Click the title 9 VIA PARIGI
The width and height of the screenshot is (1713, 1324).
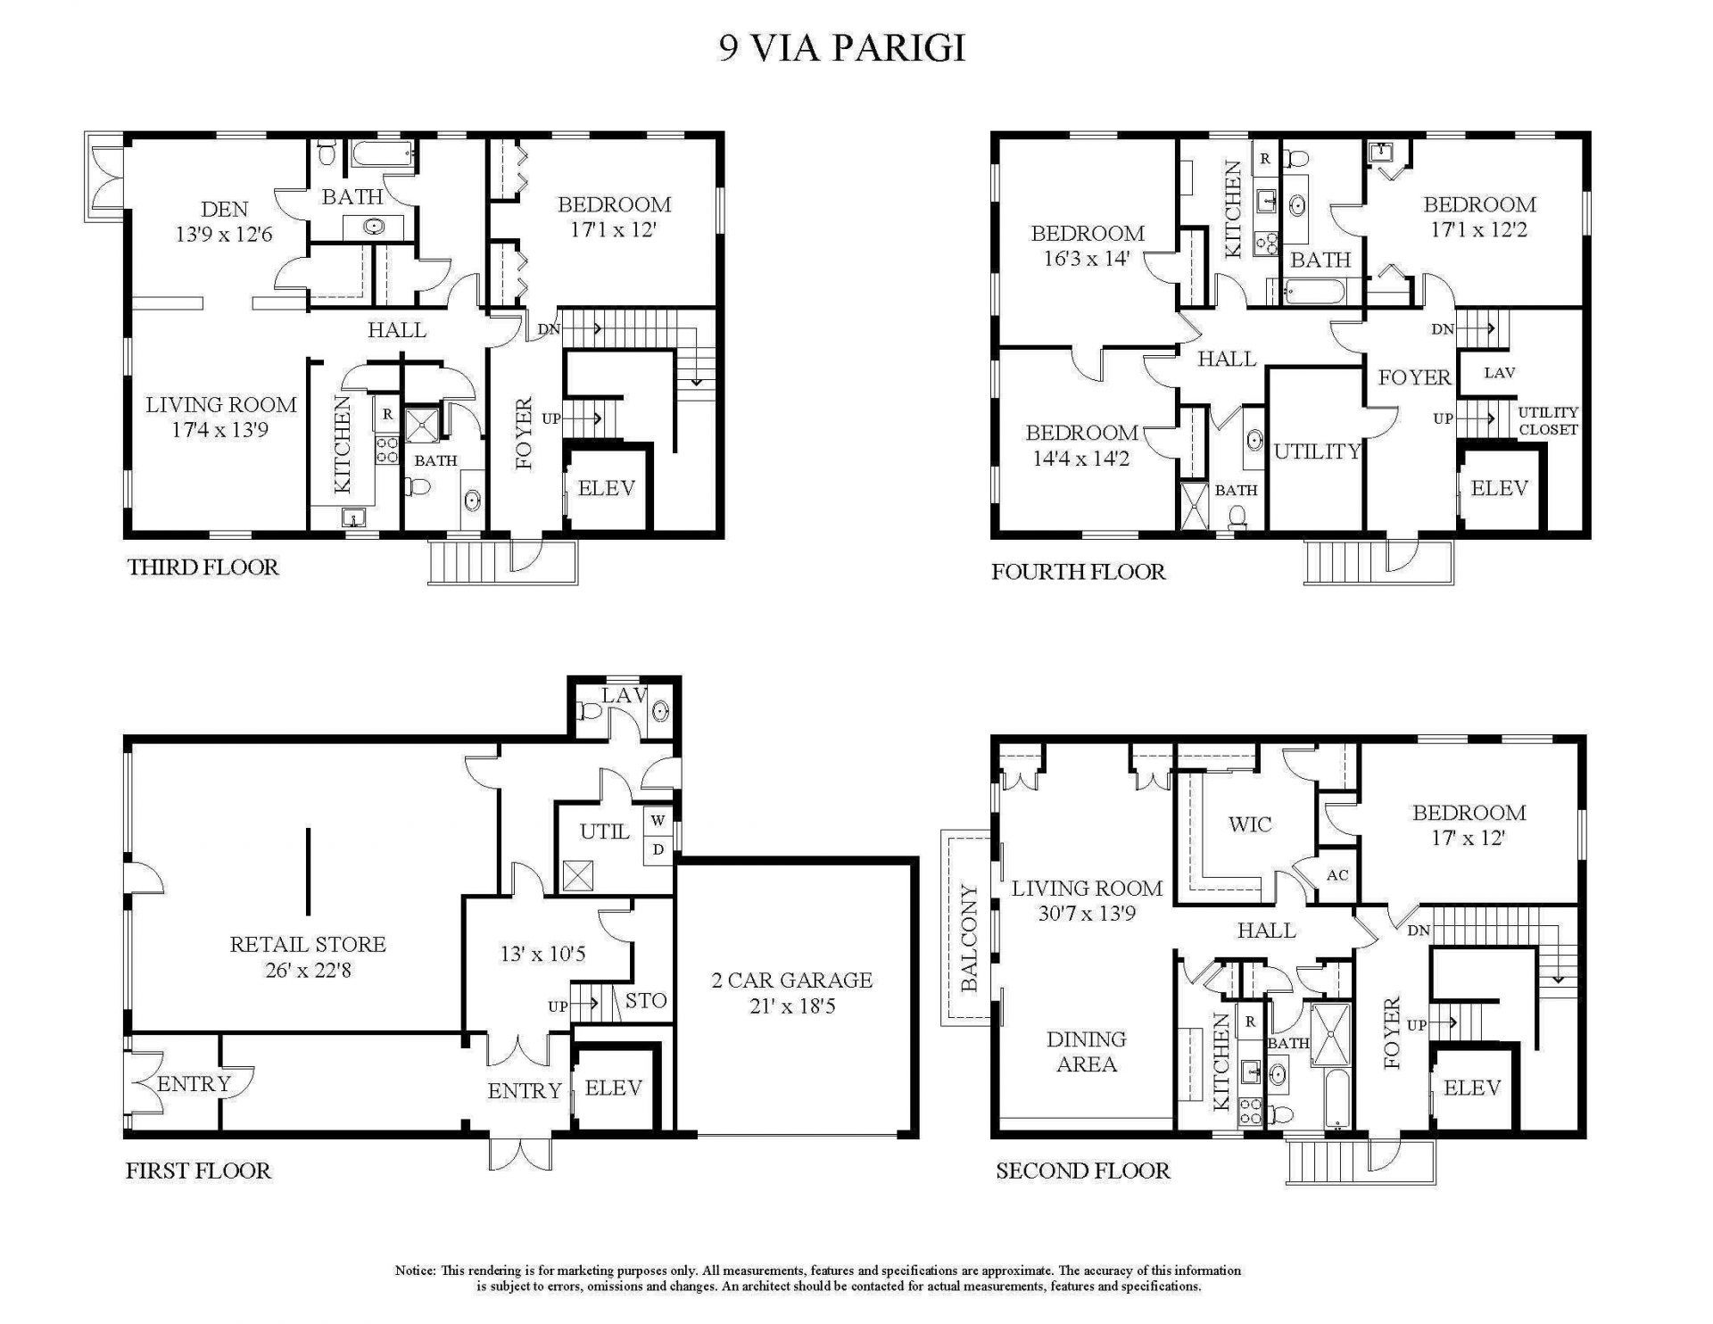coord(842,48)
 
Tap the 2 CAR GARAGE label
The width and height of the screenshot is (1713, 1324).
coord(792,980)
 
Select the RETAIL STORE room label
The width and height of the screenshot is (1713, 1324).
coord(308,944)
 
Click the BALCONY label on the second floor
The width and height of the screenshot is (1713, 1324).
coord(969,939)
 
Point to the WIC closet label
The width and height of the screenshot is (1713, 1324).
coord(1249,824)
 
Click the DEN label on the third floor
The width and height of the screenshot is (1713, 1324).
coord(225,209)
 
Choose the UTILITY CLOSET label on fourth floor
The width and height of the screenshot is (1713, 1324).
coord(1548,420)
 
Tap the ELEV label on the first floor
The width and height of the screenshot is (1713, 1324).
coord(614,1088)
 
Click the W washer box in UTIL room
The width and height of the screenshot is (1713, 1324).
coord(658,820)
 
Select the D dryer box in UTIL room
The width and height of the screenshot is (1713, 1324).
coord(658,849)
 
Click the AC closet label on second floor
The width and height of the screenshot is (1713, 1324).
coord(1336,875)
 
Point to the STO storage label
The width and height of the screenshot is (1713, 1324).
coord(645,1000)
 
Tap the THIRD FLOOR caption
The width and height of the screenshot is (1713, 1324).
coord(203,567)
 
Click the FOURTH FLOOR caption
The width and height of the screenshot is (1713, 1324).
coord(1078,571)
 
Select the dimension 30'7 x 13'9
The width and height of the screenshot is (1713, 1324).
coord(1086,914)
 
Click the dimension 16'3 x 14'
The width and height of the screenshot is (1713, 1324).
coord(1087,259)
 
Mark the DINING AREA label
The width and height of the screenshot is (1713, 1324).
coord(1086,1051)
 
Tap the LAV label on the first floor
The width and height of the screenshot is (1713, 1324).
coord(623,696)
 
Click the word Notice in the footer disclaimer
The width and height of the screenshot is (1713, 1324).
coord(415,1270)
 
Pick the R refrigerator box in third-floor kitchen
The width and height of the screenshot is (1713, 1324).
coord(387,415)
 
